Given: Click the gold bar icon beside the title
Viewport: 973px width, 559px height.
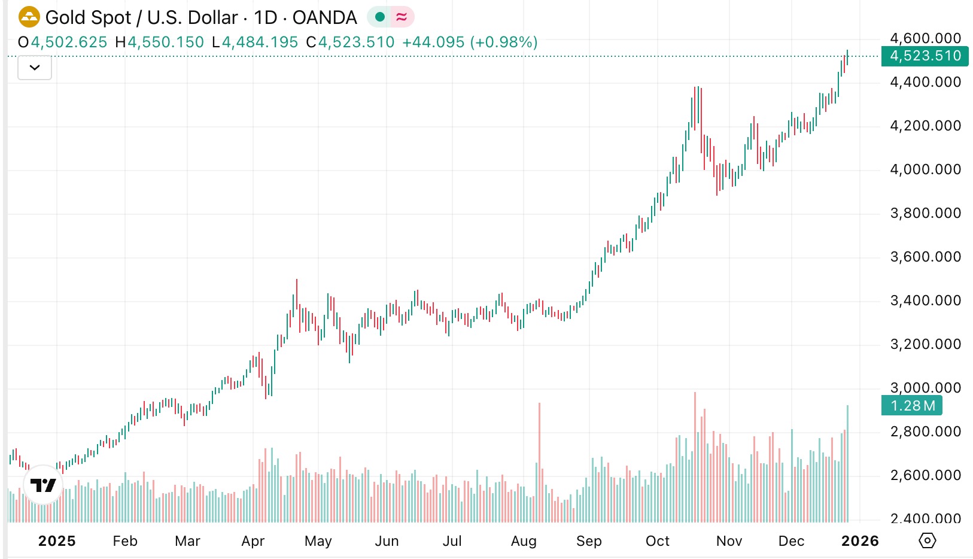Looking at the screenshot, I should [x=29, y=17].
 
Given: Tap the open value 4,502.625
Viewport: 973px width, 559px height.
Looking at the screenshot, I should [x=69, y=42].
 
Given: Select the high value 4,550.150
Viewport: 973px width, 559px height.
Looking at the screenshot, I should [x=166, y=42].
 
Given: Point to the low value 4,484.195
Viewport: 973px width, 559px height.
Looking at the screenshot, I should [x=260, y=42].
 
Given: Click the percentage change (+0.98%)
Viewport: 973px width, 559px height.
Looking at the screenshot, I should [x=504, y=42].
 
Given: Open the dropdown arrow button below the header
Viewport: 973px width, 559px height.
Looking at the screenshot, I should [x=35, y=68].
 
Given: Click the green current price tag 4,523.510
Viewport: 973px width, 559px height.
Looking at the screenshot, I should [x=925, y=56].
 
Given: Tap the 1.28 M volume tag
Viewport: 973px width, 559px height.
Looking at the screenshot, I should [x=912, y=406].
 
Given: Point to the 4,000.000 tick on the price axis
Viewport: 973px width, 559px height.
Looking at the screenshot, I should [x=925, y=169].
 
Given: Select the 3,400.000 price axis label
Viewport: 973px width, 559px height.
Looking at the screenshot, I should [x=925, y=300].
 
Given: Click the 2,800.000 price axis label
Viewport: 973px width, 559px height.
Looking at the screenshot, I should [x=925, y=432].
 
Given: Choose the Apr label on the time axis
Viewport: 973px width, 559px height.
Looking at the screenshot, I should [x=253, y=541].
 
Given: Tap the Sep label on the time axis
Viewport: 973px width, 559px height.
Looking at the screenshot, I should [x=589, y=541].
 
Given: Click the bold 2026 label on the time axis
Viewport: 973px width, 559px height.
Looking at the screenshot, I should [x=860, y=541].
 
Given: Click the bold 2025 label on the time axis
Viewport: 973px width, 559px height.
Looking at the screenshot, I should [x=57, y=541].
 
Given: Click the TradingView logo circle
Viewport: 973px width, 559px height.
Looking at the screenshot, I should [x=43, y=485].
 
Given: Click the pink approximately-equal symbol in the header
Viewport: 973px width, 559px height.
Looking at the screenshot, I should [x=402, y=17].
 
